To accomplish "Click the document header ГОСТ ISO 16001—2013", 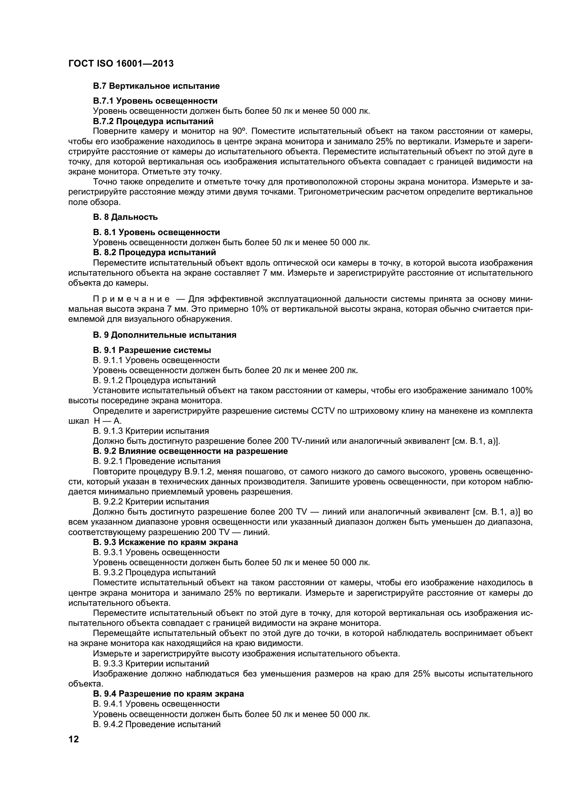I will [x=121, y=63].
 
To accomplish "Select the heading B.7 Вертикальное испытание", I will [x=156, y=86].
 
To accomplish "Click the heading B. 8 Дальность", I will [x=126, y=217].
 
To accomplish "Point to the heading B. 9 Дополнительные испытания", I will [x=165, y=335].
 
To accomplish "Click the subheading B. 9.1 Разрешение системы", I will [x=152, y=350].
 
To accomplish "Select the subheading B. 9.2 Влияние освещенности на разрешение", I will [x=190, y=451].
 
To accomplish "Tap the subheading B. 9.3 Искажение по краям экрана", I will [x=166, y=542].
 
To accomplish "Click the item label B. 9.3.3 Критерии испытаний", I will [x=151, y=663].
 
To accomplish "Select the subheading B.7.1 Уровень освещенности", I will [x=155, y=101].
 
